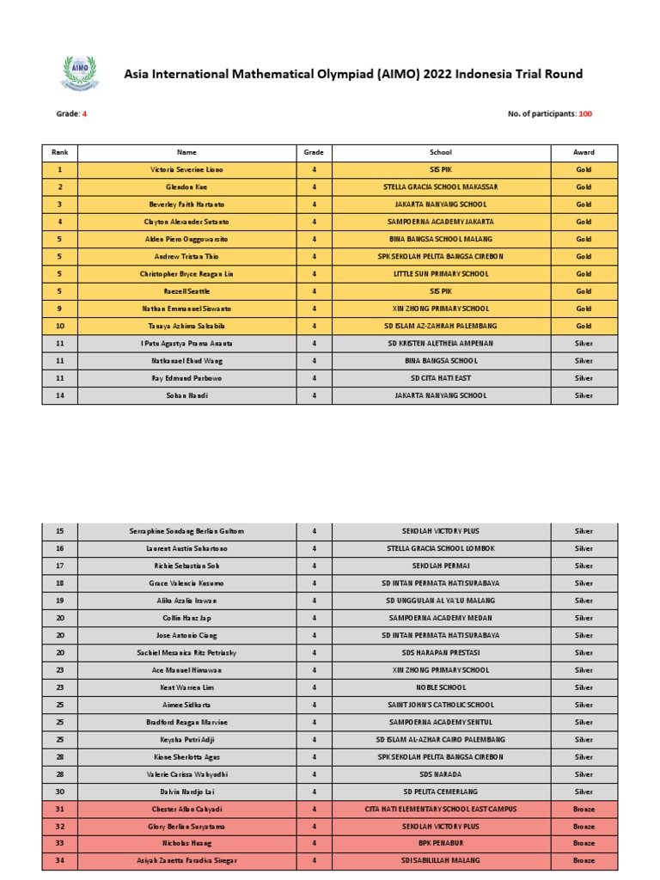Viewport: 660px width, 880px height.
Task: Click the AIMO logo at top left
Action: pos(79,73)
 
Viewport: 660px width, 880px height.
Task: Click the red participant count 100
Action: pos(585,114)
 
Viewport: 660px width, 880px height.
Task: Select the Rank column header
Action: pos(59,152)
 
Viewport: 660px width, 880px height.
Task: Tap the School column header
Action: pos(440,152)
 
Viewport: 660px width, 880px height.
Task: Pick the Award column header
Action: pos(584,152)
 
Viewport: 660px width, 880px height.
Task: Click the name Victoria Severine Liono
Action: pos(186,170)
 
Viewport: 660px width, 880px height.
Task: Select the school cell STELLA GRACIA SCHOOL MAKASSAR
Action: pos(440,187)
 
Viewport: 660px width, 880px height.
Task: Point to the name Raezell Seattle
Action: pos(186,291)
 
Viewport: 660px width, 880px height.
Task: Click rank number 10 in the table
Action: pos(59,326)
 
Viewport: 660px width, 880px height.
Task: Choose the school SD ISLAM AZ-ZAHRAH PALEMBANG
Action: pos(440,326)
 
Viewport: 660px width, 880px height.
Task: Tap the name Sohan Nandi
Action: pos(186,395)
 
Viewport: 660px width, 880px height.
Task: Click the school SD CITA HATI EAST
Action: pos(440,378)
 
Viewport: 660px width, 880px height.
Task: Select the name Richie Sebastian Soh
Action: pos(186,565)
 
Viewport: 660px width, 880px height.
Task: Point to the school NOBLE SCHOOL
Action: pos(440,687)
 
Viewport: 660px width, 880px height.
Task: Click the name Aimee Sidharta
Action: pos(186,705)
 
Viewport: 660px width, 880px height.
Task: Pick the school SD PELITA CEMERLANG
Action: pos(440,791)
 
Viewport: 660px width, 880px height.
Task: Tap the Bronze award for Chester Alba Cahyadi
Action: pos(584,809)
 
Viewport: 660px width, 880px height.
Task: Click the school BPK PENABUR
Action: pos(440,843)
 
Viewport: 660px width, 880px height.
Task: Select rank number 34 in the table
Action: pos(59,860)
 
